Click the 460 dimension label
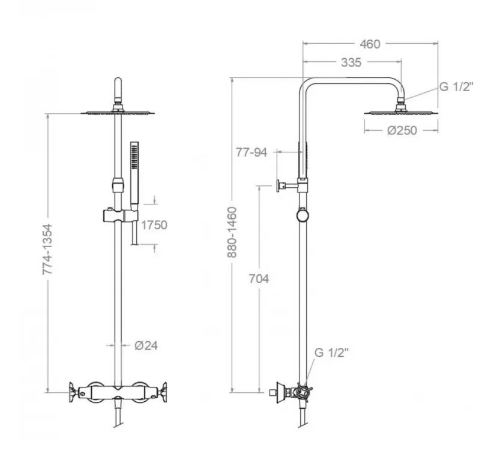click(x=370, y=44)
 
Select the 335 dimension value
click(x=351, y=62)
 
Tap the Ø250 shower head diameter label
click(x=402, y=130)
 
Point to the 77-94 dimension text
click(x=252, y=152)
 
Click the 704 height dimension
click(x=259, y=279)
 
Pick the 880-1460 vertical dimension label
click(x=232, y=232)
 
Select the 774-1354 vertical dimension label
click(x=47, y=249)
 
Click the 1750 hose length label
click(x=154, y=225)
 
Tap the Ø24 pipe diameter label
click(x=146, y=345)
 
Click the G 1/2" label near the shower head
click(x=456, y=86)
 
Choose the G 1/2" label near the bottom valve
click(x=331, y=353)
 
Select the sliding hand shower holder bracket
click(x=121, y=216)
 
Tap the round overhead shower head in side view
click(x=401, y=112)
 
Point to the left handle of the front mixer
click(x=73, y=393)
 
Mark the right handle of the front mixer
click(x=163, y=393)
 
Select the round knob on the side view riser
click(x=303, y=215)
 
